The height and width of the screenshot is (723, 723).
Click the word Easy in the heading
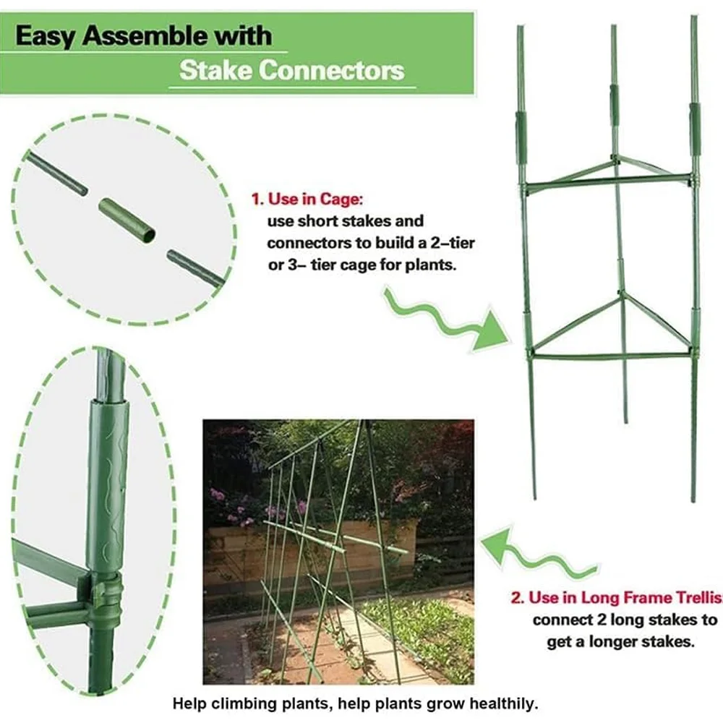click(45, 36)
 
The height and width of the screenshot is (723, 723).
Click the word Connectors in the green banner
click(331, 71)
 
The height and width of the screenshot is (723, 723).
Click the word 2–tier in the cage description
click(452, 242)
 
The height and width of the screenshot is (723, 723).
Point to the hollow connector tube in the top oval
click(127, 221)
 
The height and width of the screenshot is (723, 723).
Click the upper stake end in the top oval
click(56, 173)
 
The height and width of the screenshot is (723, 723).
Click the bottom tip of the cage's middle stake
click(625, 422)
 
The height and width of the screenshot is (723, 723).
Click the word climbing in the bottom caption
click(242, 703)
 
